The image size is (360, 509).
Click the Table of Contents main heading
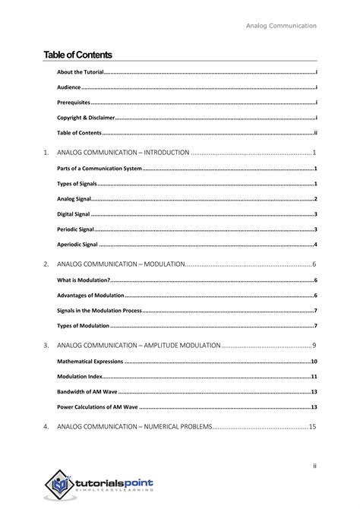coord(77,54)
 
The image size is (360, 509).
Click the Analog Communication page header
coord(281,25)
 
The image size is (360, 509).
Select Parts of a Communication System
coord(99,168)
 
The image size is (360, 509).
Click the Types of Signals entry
coord(77,184)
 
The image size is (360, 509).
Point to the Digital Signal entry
coord(75,214)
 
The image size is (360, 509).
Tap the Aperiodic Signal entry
coord(77,245)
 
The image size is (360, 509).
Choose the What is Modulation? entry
coord(84,280)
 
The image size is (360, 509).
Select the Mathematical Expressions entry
coord(90,362)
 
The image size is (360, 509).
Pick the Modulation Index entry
coord(81,377)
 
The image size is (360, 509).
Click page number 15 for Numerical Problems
coord(311,427)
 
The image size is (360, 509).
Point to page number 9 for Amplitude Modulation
coord(314,345)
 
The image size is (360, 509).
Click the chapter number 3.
coord(46,345)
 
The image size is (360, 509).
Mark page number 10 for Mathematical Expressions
coord(313,362)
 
